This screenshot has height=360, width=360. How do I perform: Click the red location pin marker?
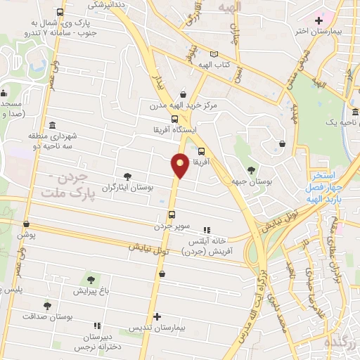click(x=180, y=166)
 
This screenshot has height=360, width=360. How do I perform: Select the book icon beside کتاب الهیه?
click(x=214, y=54)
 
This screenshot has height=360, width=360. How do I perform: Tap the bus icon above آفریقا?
click(x=202, y=150)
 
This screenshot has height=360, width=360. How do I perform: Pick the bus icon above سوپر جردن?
click(x=171, y=215)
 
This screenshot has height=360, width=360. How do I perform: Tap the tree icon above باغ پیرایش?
click(x=90, y=279)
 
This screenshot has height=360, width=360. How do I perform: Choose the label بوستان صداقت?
click(x=47, y=317)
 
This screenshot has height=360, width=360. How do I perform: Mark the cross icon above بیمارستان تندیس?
click(x=157, y=317)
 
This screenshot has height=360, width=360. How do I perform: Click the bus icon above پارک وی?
click(x=60, y=13)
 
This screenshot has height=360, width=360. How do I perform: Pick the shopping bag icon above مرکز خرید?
click(x=183, y=94)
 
